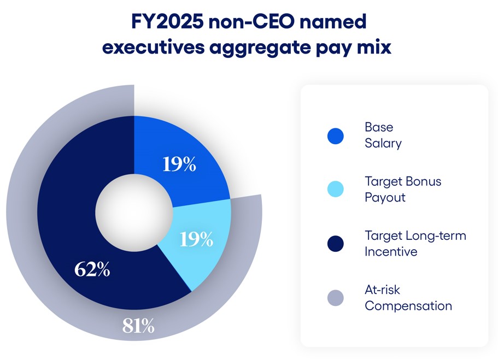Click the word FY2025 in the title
tap(167, 22)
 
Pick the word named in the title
tap(337, 22)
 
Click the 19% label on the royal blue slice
tap(179, 164)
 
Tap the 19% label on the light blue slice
tap(196, 239)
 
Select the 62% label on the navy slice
tap(92, 269)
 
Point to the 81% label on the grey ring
tap(138, 326)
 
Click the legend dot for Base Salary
tap(335, 136)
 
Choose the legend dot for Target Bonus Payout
tap(335, 190)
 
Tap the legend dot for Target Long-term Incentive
tap(335, 244)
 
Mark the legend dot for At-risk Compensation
tap(335, 298)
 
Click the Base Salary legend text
tap(383, 135)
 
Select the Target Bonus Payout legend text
tap(402, 189)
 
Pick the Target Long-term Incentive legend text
tap(415, 243)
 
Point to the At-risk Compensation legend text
tap(408, 297)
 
